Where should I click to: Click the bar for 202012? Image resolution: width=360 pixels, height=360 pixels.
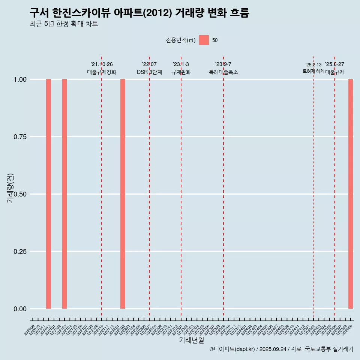[48, 194]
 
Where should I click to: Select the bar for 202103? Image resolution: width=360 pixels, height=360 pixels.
[64, 194]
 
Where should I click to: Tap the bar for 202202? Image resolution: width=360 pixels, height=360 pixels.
[123, 194]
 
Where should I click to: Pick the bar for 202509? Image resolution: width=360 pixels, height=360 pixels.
[351, 194]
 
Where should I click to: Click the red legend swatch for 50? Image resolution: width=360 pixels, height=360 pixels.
[204, 40]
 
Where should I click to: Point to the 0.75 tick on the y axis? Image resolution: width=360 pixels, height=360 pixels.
[19, 137]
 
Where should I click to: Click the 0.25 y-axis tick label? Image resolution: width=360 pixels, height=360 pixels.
[19, 252]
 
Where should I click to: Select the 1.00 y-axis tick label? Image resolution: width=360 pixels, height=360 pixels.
[19, 79]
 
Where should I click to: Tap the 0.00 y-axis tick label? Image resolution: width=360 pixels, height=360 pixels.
[19, 309]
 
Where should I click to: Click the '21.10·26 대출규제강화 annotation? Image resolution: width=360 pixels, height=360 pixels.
[102, 68]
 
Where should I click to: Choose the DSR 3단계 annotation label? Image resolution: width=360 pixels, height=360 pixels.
[149, 72]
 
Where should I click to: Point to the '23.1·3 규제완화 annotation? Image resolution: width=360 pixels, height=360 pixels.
[181, 68]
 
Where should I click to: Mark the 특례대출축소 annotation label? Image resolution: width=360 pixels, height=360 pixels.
[223, 72]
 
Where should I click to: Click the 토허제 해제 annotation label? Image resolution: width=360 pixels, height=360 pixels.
[313, 71]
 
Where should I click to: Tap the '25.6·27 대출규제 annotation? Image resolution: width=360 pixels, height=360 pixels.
[334, 68]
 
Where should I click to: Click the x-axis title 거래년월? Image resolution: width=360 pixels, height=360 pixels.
[191, 340]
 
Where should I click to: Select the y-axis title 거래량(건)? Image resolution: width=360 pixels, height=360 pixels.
[10, 188]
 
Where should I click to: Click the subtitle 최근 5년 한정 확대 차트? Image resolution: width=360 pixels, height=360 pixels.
[64, 24]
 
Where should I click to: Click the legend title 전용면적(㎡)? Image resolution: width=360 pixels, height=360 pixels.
[180, 40]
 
